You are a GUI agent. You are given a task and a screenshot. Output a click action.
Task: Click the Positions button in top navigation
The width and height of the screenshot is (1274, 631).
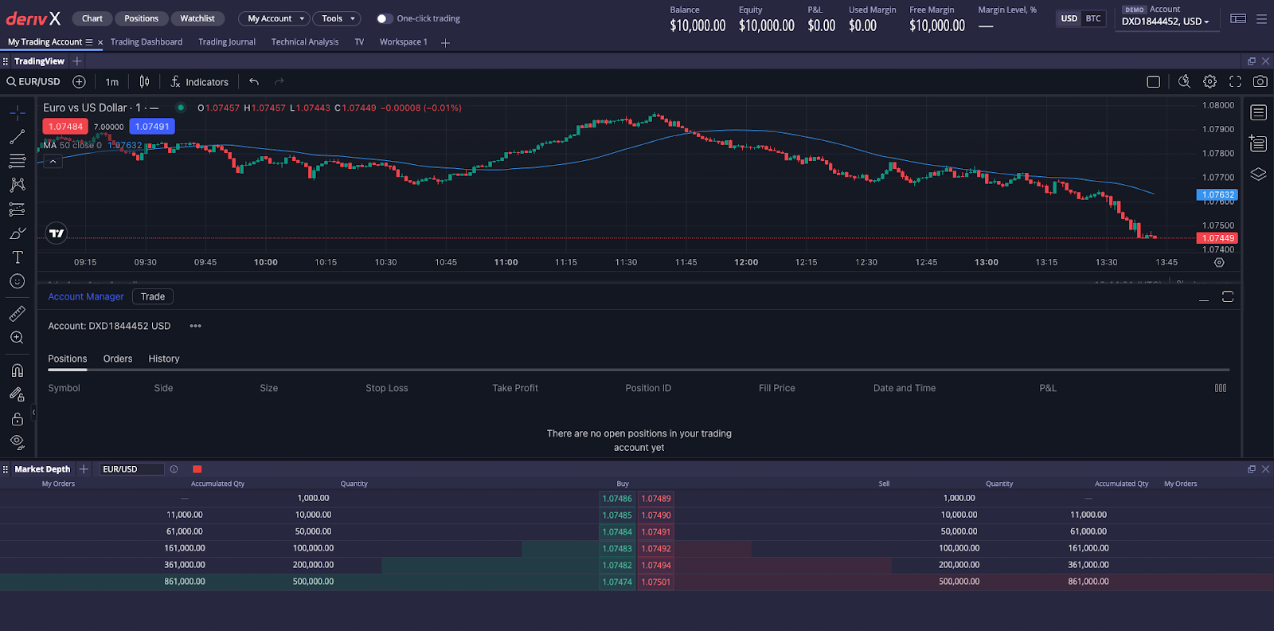pos(141,18)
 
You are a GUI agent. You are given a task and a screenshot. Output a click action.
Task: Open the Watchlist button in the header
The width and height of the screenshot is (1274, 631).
pos(197,18)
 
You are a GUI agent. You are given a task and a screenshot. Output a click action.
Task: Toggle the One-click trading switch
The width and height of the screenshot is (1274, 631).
pos(384,18)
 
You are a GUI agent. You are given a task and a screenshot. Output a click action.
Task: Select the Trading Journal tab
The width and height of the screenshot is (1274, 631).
pos(227,42)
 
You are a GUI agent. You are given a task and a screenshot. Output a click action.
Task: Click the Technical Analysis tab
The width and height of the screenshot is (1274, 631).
pos(305,42)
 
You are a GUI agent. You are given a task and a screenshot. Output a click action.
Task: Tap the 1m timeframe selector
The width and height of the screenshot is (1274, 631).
pos(112,82)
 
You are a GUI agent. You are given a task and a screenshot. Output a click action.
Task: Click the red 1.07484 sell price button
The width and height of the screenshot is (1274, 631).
pos(65,127)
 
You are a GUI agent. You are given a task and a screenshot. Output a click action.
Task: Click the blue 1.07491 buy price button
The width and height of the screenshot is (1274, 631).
pos(152,127)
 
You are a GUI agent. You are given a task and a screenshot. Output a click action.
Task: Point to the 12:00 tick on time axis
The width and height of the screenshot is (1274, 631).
pos(746,262)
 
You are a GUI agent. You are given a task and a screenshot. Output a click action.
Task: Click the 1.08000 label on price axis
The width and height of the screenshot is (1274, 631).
pos(1217,105)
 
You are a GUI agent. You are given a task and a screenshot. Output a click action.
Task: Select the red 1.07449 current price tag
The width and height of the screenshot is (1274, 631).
pos(1217,238)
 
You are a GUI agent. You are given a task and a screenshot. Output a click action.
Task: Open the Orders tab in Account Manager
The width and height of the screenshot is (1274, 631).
pos(118,359)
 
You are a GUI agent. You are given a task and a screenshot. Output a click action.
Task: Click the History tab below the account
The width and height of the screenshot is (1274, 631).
pos(164,359)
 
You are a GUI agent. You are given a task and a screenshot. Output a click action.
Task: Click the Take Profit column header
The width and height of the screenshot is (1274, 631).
pos(515,388)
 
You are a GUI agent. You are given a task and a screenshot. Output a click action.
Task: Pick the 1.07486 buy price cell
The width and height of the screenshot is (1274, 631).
pos(617,499)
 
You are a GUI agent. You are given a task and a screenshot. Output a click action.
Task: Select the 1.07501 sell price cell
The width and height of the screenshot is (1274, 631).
pos(656,582)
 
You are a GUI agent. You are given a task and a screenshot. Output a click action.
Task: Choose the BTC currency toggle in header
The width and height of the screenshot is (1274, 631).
pos(1093,18)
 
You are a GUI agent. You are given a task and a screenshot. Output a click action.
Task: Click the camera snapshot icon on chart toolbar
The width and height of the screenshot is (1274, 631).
pos(1260,81)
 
